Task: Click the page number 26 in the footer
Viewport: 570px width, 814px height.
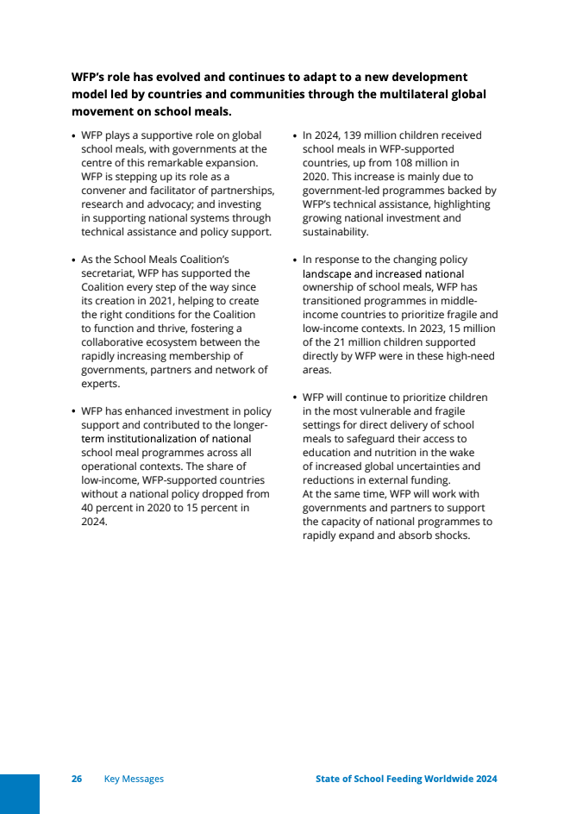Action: click(x=77, y=779)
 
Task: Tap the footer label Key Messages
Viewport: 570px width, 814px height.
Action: click(x=134, y=779)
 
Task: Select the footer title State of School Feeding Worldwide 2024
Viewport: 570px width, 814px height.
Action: click(x=406, y=779)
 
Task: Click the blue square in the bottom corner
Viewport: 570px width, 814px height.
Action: click(x=19, y=793)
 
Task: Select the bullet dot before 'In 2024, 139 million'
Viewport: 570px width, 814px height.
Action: click(x=295, y=136)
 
